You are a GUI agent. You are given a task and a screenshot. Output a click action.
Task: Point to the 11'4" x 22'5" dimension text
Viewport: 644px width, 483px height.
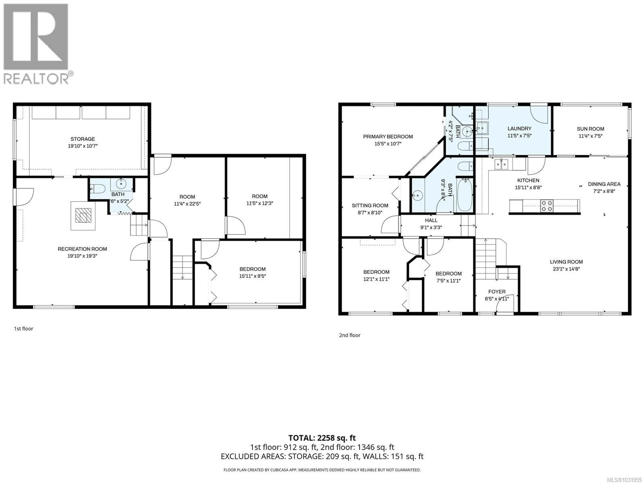click(187, 204)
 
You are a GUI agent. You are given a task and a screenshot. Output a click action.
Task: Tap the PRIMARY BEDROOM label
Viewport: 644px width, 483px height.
click(388, 137)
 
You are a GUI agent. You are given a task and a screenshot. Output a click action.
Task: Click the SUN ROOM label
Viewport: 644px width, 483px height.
click(590, 129)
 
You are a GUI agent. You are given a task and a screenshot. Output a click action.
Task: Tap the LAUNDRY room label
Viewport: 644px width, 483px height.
click(519, 128)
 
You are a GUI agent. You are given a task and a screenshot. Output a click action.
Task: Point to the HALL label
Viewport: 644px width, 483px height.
click(431, 220)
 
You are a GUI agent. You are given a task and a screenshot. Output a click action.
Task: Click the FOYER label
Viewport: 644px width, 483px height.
click(497, 291)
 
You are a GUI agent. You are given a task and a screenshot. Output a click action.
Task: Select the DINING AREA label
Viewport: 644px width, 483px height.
click(604, 184)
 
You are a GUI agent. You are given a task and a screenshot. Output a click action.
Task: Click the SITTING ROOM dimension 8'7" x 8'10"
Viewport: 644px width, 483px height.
click(370, 212)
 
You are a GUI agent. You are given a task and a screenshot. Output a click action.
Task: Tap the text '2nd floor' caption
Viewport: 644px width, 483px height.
click(350, 335)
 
